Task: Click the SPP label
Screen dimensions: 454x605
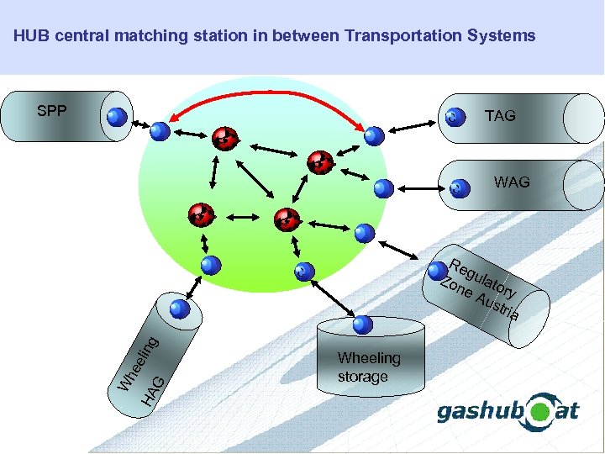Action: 52,111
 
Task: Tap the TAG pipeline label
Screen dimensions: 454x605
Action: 500,116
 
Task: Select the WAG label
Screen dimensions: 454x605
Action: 512,182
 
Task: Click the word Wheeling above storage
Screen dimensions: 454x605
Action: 369,358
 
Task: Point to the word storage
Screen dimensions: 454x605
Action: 362,377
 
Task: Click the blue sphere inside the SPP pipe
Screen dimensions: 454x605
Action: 118,118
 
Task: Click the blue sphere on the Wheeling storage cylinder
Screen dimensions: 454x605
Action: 362,325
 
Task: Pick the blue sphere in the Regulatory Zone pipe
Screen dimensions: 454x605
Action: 438,271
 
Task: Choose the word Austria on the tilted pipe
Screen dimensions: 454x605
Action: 497,305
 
